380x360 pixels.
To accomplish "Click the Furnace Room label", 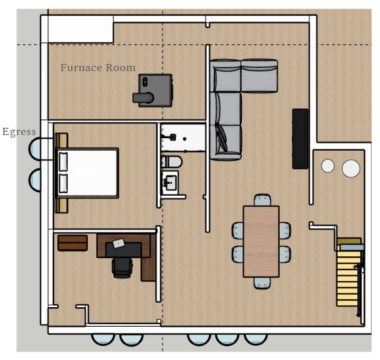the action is [x=98, y=68].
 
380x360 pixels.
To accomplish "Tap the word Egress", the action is [x=19, y=132].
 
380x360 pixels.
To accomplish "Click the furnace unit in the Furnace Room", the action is [x=153, y=91].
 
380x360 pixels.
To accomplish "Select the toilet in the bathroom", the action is [x=171, y=162].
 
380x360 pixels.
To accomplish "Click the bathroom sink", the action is [x=170, y=183].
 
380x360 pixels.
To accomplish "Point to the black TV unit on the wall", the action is [x=300, y=139].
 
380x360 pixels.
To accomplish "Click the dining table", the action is [x=261, y=241].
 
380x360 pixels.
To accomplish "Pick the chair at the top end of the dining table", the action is [x=263, y=200].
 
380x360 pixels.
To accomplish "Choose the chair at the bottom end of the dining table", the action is [x=262, y=282].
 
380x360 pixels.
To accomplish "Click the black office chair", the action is [x=123, y=267].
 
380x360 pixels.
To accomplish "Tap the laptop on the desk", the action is [x=119, y=243].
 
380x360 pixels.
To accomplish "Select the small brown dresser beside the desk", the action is [x=73, y=243].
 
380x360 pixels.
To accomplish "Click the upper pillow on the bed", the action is [x=63, y=162].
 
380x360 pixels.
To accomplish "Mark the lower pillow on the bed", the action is [x=63, y=183].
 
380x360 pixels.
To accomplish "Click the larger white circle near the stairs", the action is [x=351, y=168].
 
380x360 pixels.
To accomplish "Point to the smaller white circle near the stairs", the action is [x=328, y=166].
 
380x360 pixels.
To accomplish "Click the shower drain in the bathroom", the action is [x=184, y=139].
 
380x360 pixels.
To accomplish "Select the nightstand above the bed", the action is [x=61, y=141].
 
